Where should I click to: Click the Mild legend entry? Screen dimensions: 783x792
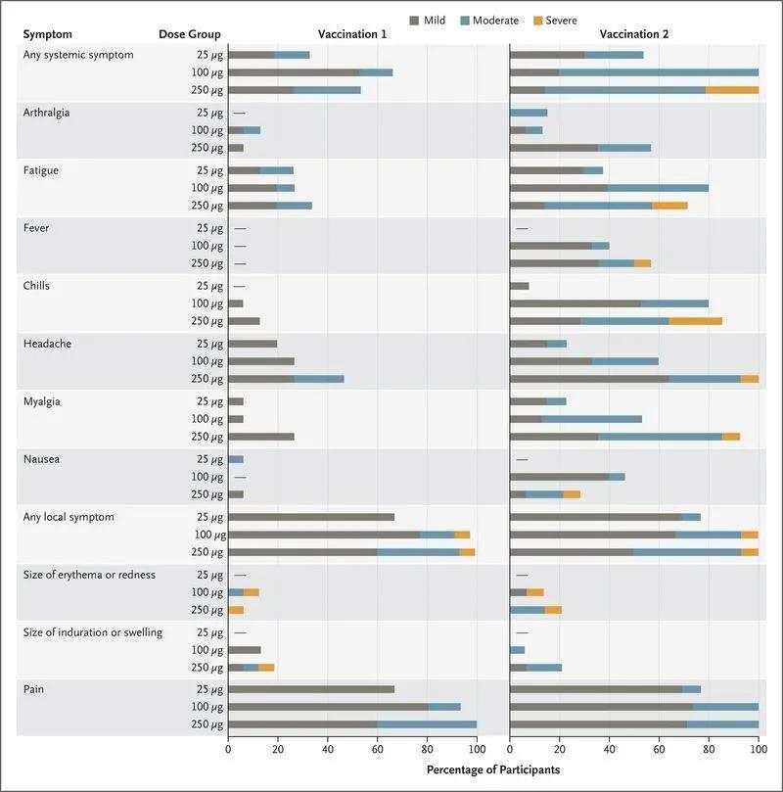click(427, 21)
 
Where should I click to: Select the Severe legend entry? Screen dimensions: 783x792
click(555, 21)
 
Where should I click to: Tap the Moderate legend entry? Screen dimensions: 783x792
click(489, 21)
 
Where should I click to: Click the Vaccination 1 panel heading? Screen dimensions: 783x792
click(352, 34)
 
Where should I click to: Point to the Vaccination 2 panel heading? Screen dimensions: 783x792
click(634, 34)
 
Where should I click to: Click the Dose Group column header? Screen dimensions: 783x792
click(190, 34)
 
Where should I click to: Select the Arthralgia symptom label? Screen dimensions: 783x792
click(46, 113)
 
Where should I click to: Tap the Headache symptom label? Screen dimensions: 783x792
click(47, 344)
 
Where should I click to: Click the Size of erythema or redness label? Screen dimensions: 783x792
click(89, 575)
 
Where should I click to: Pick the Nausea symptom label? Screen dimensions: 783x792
click(41, 459)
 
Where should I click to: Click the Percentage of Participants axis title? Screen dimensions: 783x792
click(493, 769)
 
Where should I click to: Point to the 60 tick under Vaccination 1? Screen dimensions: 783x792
click(377, 749)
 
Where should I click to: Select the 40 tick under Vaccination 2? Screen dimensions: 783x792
click(610, 749)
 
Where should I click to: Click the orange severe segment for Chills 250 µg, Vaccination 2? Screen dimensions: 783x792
click(695, 321)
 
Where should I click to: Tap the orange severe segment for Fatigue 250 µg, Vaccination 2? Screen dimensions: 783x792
click(669, 206)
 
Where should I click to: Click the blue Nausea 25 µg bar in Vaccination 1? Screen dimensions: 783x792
click(236, 460)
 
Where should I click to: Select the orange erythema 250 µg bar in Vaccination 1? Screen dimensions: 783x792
click(236, 610)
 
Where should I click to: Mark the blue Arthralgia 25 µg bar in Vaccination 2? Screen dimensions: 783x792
click(529, 113)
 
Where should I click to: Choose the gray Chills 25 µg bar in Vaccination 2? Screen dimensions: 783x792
click(520, 287)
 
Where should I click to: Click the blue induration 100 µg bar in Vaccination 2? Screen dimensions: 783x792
click(518, 650)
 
